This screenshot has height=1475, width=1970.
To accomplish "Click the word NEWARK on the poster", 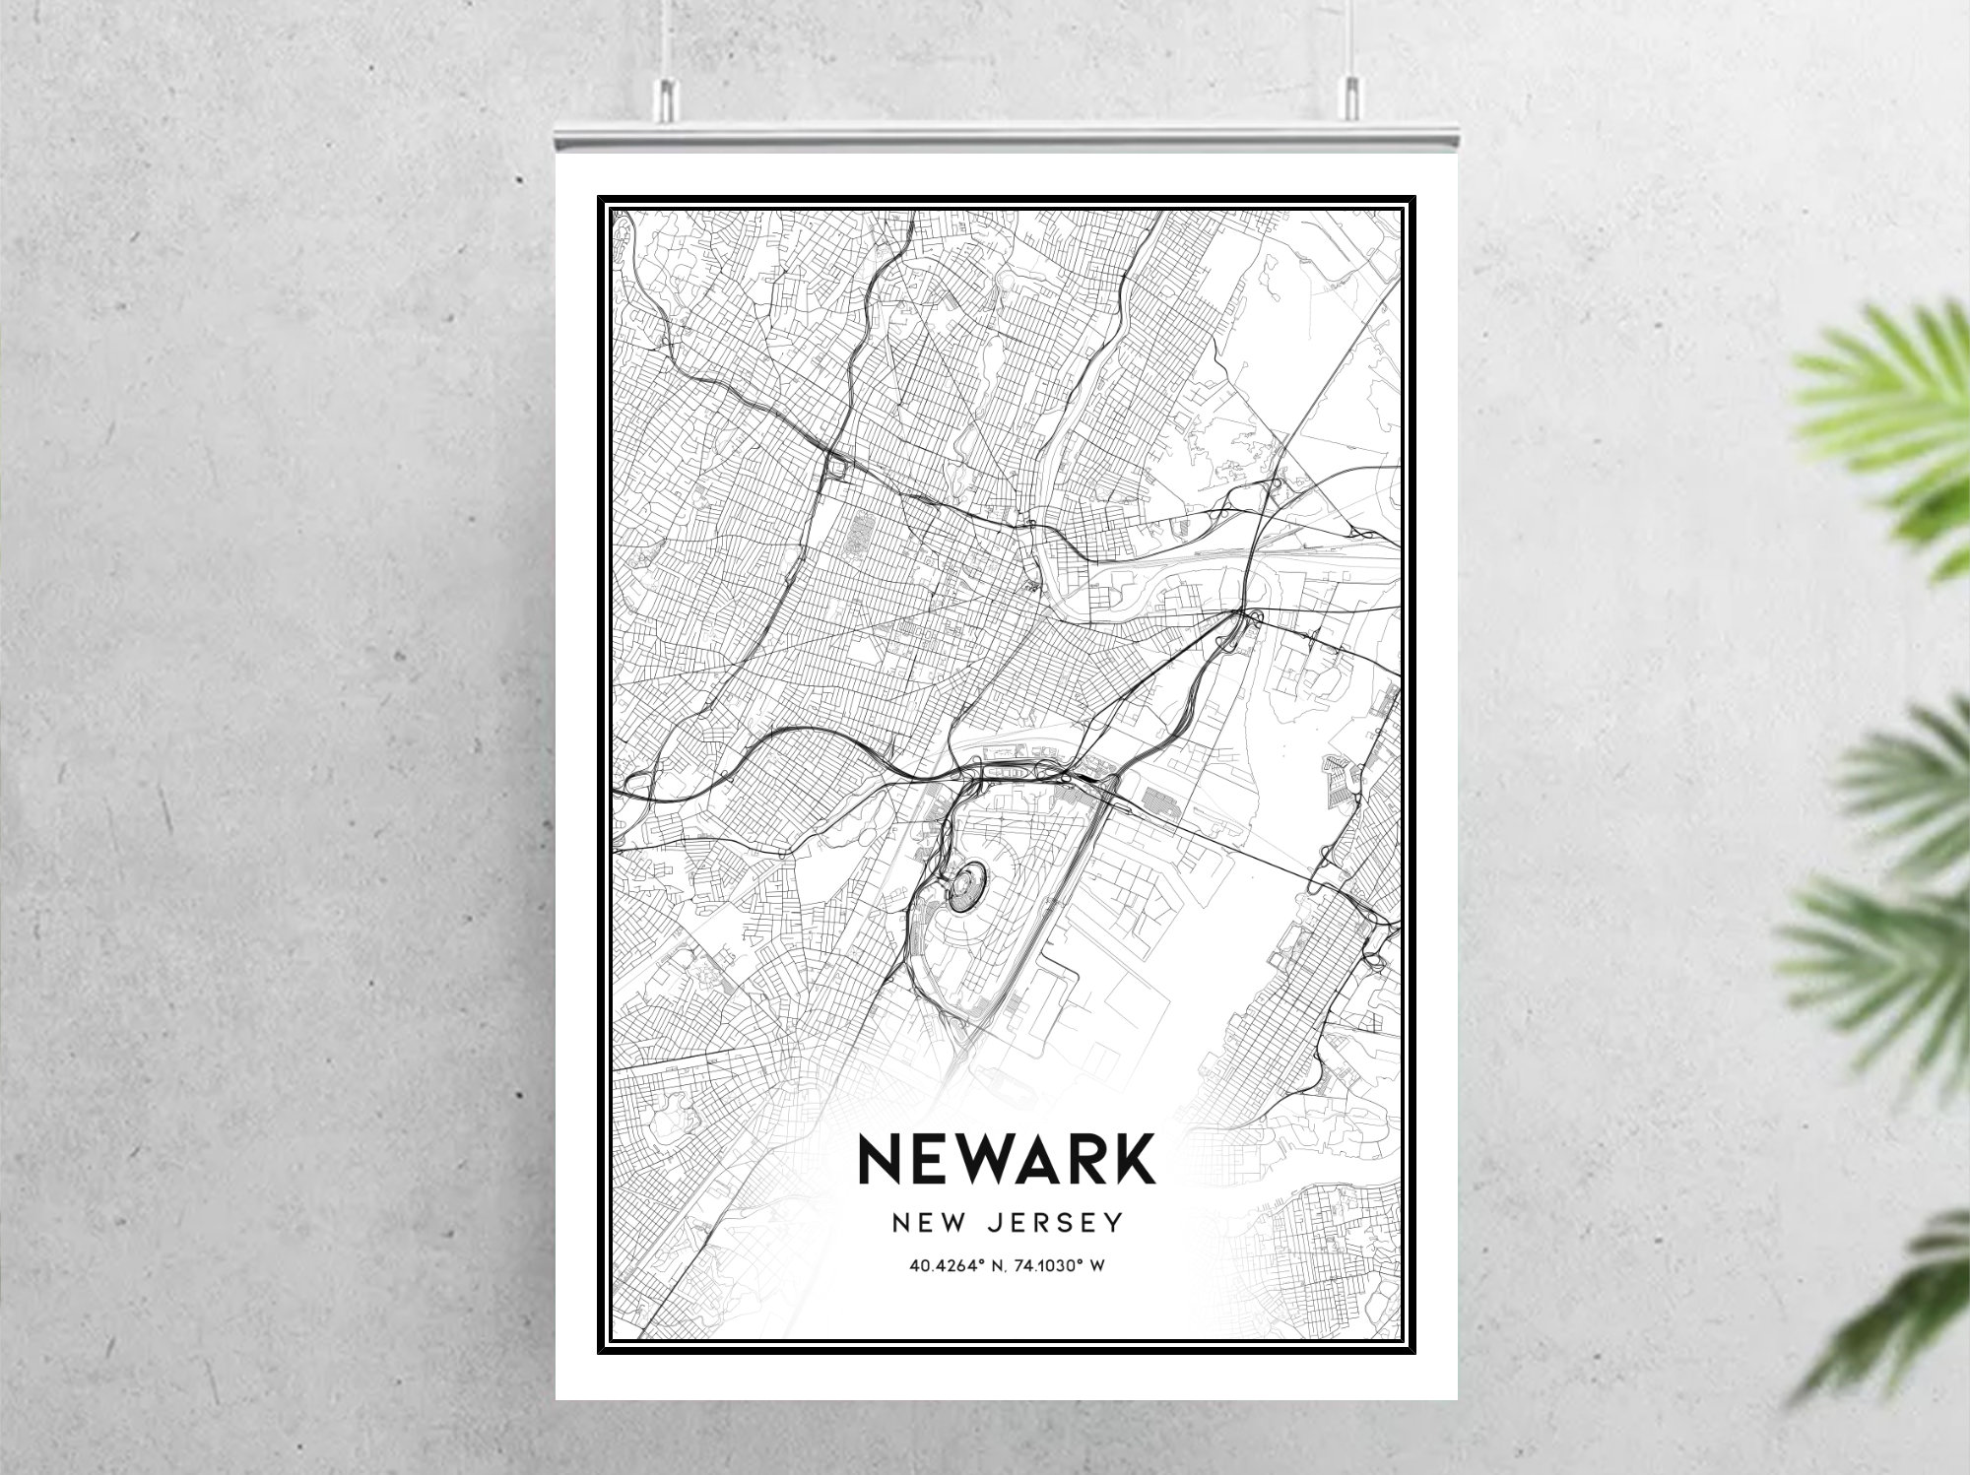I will [1007, 1159].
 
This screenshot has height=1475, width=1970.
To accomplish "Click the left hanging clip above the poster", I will [666, 97].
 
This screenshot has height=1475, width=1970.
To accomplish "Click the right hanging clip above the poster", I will [1347, 97].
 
